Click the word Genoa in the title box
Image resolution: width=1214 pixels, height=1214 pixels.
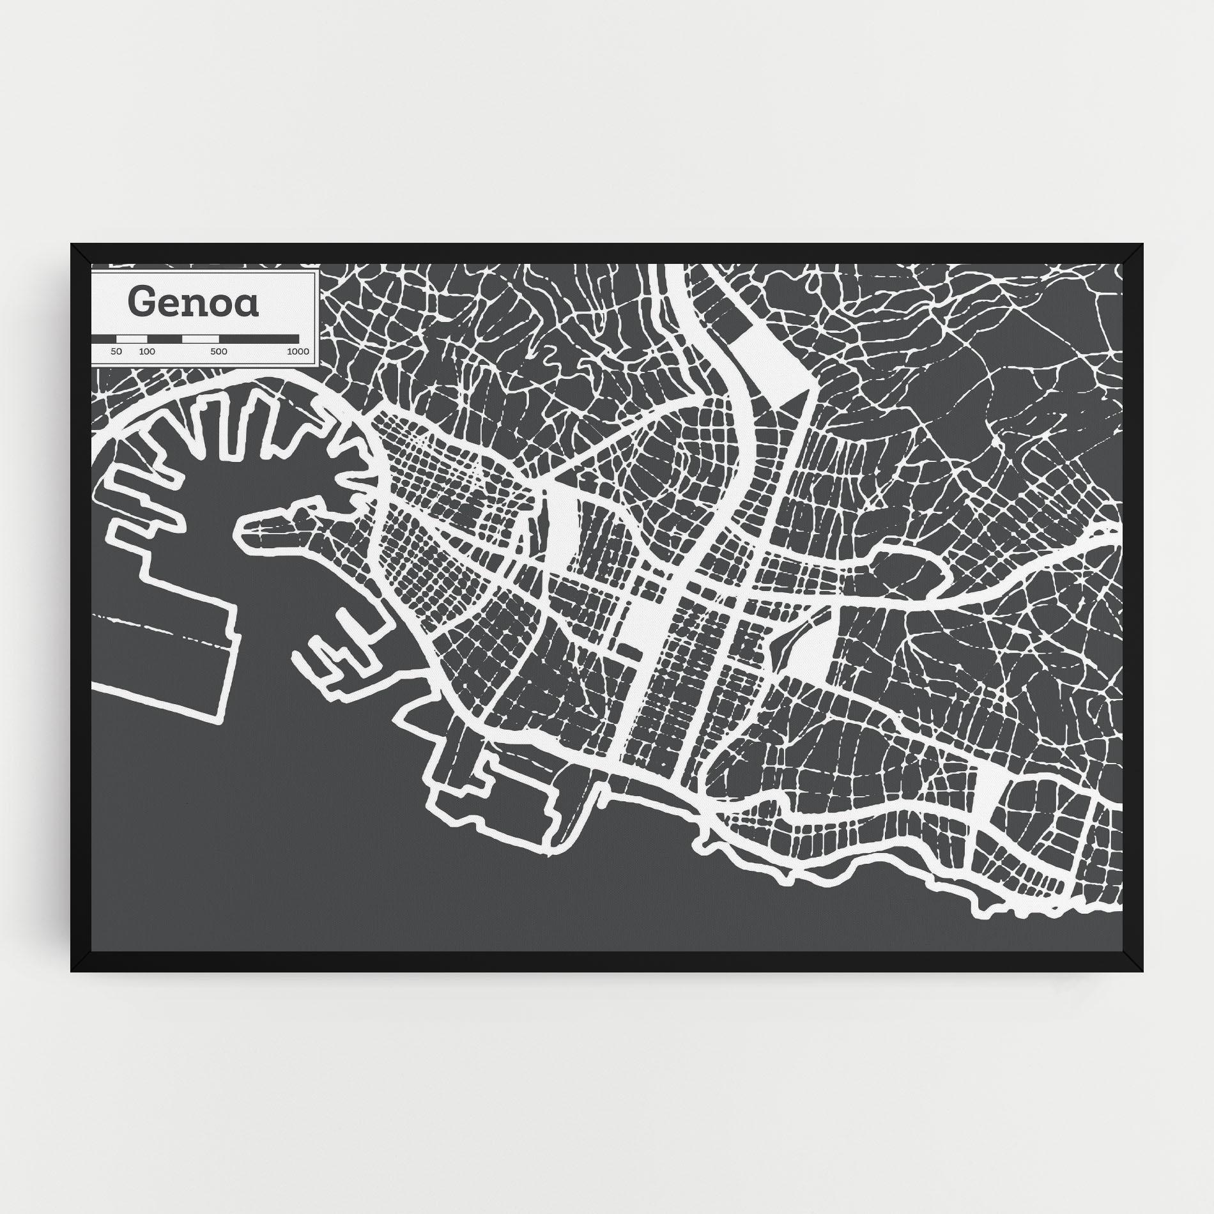point(194,303)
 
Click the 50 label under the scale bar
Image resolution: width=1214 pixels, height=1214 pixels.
point(116,351)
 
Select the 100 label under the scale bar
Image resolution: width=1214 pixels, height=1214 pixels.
point(147,351)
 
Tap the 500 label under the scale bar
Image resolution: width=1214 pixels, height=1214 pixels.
point(219,351)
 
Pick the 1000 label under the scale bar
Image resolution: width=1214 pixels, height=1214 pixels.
point(298,351)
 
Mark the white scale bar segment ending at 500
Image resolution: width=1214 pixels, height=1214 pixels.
point(200,338)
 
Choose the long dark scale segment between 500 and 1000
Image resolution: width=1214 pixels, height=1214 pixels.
point(259,338)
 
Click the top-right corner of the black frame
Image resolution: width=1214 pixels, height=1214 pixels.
point(1142,245)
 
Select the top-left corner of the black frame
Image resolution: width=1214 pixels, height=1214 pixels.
point(72,245)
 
